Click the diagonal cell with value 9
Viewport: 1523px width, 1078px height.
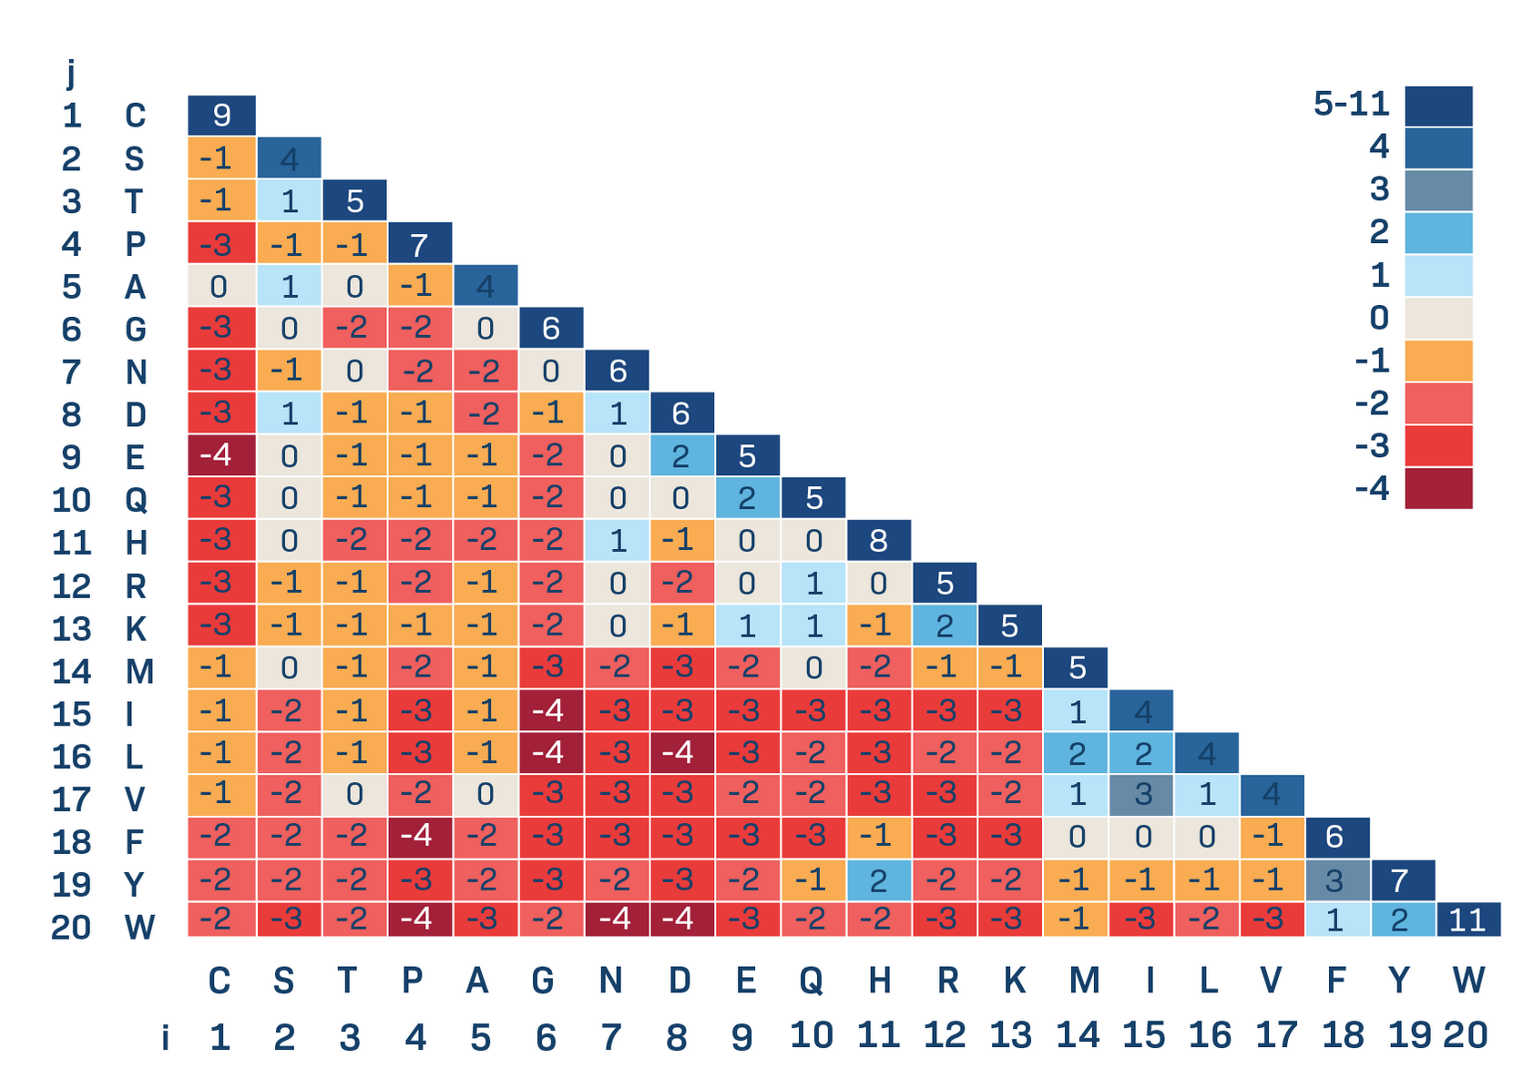221,115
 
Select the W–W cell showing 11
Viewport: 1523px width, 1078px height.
1468,920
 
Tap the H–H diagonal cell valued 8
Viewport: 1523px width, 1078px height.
878,540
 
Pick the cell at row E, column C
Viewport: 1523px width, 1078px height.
221,455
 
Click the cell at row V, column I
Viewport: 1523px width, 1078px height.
1141,795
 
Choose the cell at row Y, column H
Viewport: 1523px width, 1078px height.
878,880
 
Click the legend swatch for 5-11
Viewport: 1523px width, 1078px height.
1438,106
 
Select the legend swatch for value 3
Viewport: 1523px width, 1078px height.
1438,190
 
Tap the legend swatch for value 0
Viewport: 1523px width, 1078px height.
1438,318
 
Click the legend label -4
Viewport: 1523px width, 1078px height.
1372,489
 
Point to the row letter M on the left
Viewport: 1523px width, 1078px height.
139,672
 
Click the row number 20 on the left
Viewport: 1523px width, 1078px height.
71,928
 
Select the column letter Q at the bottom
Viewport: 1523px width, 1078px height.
812,981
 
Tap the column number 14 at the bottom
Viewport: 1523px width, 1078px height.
1078,1035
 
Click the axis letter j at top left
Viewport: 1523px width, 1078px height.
71,73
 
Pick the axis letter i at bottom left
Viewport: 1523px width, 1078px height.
165,1037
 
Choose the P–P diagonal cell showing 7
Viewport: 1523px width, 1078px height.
419,243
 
